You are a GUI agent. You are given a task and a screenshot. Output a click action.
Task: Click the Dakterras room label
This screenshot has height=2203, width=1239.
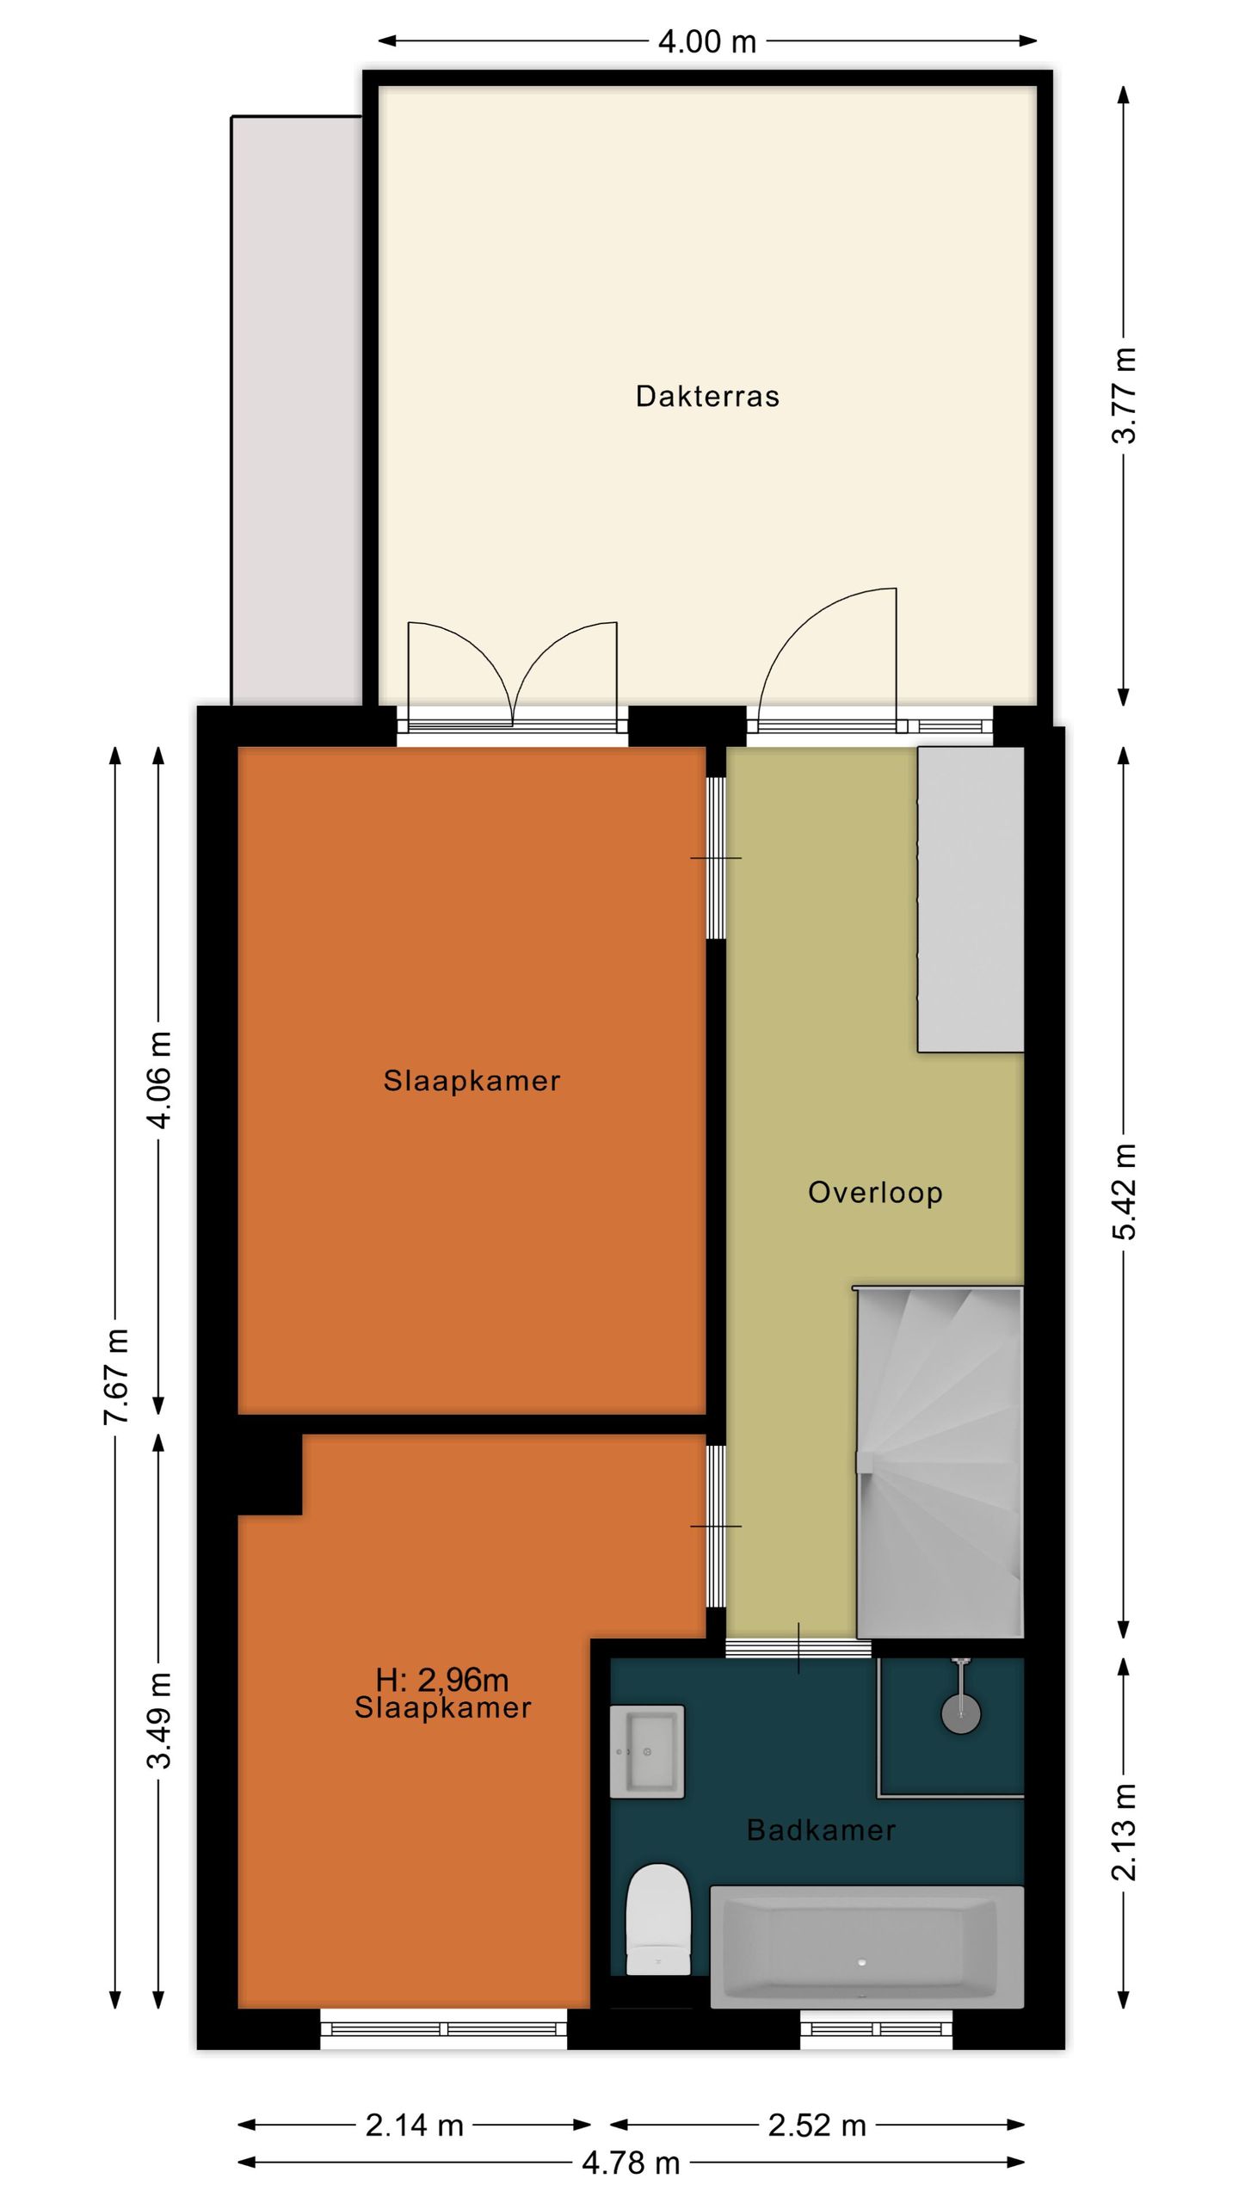tap(707, 396)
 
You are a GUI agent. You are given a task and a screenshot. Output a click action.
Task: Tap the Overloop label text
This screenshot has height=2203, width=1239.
tap(875, 1193)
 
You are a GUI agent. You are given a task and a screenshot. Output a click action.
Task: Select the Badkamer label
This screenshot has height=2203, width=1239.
tap(821, 1830)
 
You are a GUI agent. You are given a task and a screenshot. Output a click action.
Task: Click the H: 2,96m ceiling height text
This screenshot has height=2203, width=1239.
tap(442, 1679)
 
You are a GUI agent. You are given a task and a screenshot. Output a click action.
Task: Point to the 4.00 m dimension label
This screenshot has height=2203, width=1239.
tap(707, 41)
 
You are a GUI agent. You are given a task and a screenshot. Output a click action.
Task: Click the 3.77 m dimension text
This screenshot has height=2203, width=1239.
tap(1124, 395)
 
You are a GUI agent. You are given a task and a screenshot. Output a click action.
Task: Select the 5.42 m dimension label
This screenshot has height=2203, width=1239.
tap(1124, 1192)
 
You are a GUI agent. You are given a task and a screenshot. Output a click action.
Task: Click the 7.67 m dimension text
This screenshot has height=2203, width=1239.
tap(116, 1376)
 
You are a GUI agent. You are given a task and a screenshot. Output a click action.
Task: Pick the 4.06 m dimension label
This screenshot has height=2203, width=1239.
tap(160, 1079)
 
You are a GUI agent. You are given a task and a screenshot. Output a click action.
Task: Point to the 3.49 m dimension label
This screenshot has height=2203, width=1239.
tap(160, 1721)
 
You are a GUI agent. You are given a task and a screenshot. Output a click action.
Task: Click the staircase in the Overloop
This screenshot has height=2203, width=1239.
tap(940, 1462)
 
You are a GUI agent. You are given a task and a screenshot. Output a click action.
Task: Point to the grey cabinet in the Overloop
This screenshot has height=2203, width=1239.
tap(971, 899)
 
